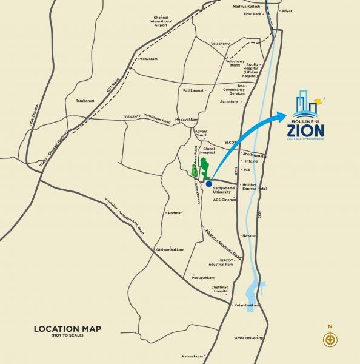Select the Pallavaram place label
tap(148, 59)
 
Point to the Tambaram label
tap(85, 101)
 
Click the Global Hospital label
tap(209, 150)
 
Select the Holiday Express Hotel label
tap(254, 187)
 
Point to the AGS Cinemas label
tap(224, 200)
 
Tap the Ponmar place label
tap(175, 213)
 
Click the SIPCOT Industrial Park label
tap(221, 263)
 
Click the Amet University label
tap(249, 338)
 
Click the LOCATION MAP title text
tap(67, 329)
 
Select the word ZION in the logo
tap(306, 130)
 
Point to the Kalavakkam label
tap(193, 356)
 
